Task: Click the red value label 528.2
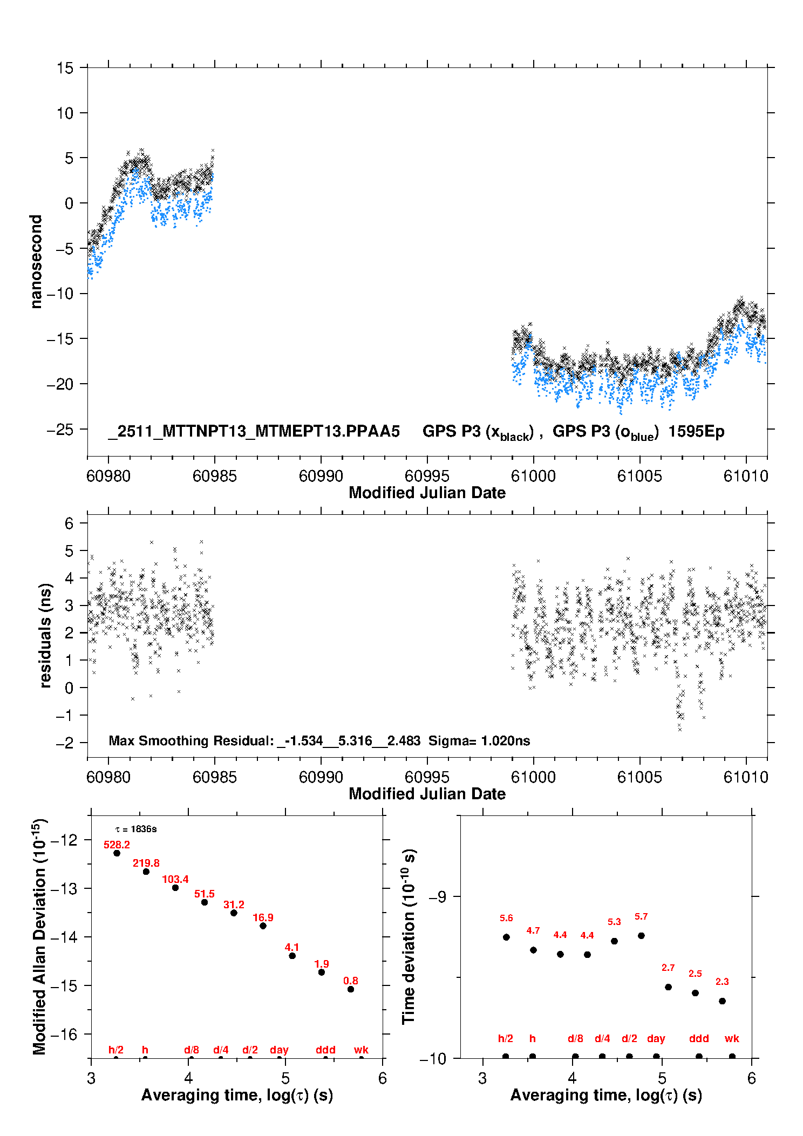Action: [117, 845]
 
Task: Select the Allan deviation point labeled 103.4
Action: [175, 888]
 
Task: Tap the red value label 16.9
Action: [263, 917]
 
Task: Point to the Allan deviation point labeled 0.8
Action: [351, 989]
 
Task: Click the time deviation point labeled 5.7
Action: [641, 936]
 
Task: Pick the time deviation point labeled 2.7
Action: [668, 987]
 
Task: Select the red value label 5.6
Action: [506, 918]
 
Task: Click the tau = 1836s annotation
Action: [136, 829]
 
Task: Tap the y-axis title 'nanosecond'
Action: [36, 261]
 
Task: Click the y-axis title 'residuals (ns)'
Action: [46, 636]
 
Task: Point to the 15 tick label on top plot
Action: [65, 68]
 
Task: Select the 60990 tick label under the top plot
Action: [321, 476]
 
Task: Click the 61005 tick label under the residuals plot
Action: [639, 777]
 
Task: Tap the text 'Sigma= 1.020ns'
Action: [479, 740]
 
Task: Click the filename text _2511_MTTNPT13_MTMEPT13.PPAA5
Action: [254, 431]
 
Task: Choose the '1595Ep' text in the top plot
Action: [696, 431]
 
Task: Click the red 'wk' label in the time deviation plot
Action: [732, 1038]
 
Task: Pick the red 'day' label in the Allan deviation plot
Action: [279, 1050]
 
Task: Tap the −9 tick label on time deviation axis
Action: [438, 897]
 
